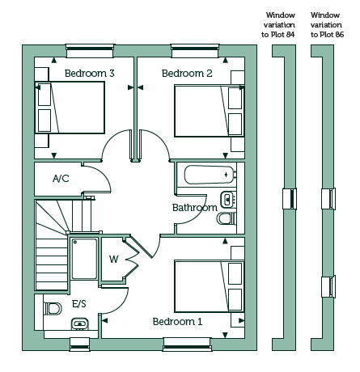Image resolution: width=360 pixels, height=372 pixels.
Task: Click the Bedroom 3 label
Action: (x=90, y=74)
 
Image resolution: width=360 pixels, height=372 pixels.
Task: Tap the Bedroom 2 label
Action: (x=187, y=74)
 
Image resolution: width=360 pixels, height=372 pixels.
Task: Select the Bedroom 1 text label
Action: (x=177, y=322)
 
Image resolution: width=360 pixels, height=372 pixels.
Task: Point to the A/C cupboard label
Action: (x=61, y=179)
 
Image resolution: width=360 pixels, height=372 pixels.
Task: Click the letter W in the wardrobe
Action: (x=114, y=260)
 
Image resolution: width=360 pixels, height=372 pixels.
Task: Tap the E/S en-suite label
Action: (x=79, y=304)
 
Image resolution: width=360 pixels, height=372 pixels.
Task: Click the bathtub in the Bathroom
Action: (x=210, y=175)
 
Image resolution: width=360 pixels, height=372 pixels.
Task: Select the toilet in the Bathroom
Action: (x=227, y=218)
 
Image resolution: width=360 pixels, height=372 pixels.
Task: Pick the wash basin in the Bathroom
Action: (x=228, y=200)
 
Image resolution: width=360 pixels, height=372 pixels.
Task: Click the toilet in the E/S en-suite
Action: (x=53, y=308)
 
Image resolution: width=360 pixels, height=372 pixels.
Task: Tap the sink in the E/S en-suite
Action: (x=80, y=323)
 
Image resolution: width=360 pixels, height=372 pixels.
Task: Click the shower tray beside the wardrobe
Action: (x=84, y=259)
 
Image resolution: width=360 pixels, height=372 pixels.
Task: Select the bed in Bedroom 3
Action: (x=70, y=108)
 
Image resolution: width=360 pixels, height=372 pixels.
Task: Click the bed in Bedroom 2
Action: (x=210, y=111)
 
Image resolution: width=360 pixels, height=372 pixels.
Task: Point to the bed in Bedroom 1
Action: (x=210, y=286)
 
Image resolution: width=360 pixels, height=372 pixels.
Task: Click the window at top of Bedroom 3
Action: (x=90, y=51)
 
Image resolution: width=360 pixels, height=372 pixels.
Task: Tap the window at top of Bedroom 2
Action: (x=194, y=51)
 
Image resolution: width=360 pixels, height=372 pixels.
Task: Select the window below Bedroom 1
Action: (x=187, y=345)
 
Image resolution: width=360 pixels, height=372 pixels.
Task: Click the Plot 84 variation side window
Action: (x=290, y=198)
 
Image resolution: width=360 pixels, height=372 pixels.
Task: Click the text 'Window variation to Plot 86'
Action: (x=326, y=25)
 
